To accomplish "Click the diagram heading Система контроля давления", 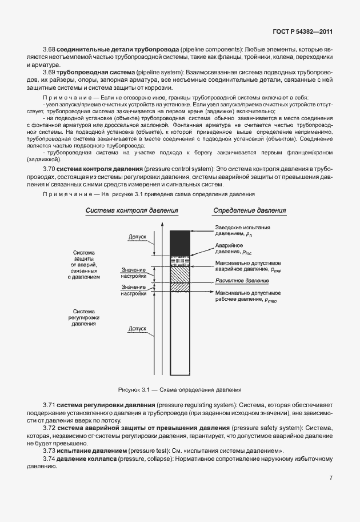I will (x=131, y=210).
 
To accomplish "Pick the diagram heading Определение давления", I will (x=250, y=210).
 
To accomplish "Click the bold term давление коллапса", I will (x=86, y=459).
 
